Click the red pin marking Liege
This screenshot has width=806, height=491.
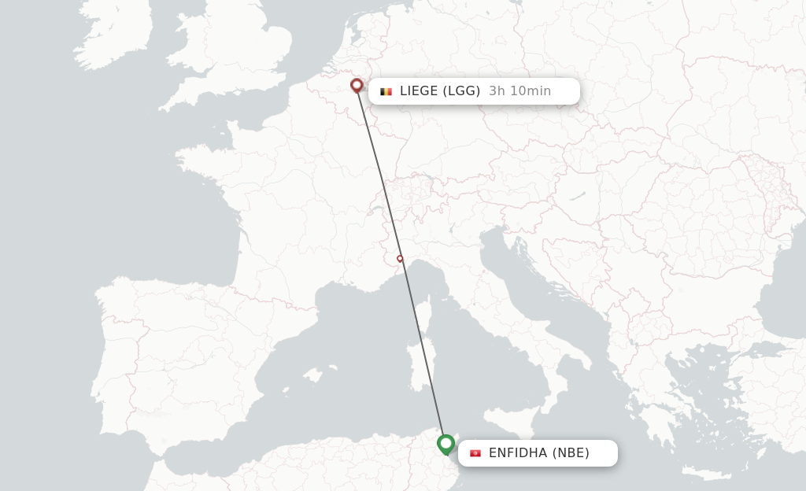357,85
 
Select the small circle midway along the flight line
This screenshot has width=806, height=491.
400,258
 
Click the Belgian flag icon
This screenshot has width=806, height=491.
386,91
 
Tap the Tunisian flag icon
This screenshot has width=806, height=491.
475,453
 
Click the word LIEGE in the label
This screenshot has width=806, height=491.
418,91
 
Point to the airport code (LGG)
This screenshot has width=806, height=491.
461,91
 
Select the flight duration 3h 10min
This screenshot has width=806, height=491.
519,91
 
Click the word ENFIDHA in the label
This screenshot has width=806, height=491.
518,453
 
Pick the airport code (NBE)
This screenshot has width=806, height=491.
571,453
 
